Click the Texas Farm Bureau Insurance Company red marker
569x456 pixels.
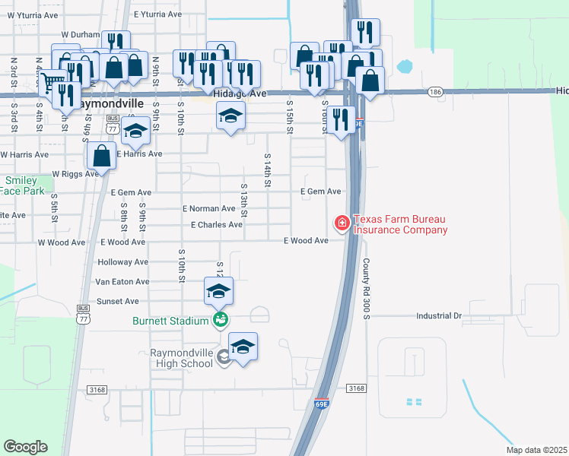coord(342,223)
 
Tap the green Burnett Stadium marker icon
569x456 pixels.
coord(220,320)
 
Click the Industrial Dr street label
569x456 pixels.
coord(439,315)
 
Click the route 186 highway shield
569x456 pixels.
coord(434,91)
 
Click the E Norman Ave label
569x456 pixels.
coord(208,208)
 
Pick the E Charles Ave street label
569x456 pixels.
coord(217,225)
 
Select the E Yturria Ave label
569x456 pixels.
coord(157,14)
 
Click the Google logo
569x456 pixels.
coord(25,446)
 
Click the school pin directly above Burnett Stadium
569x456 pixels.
coord(218,290)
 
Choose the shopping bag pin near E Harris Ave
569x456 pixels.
coord(101,157)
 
